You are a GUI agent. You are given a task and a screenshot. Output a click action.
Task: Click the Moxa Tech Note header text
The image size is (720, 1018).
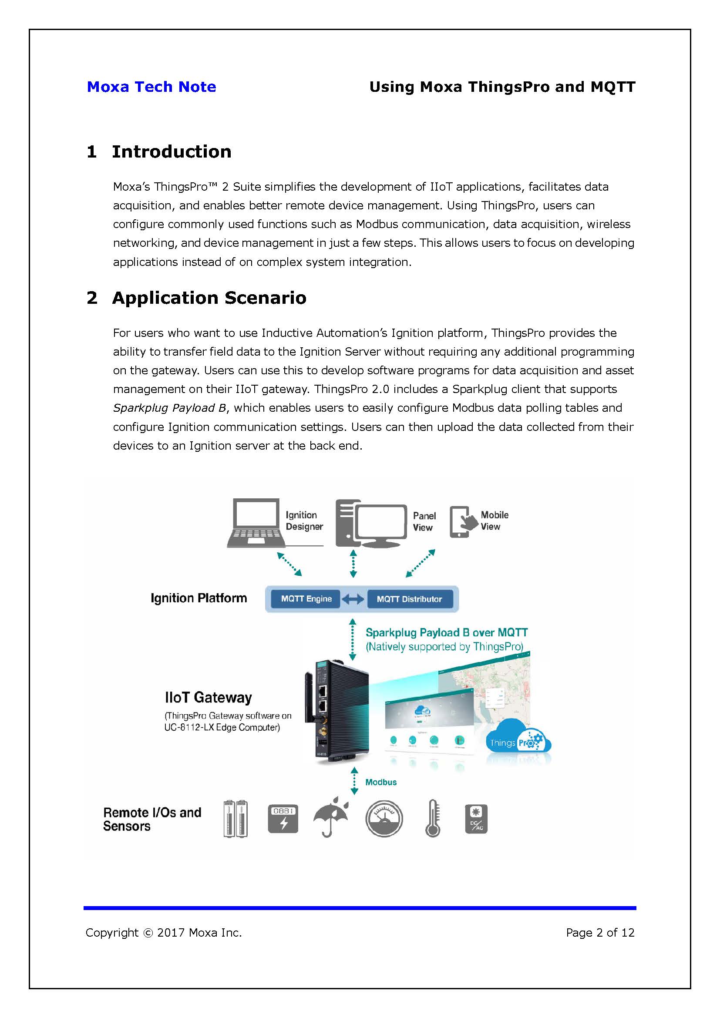[151, 87]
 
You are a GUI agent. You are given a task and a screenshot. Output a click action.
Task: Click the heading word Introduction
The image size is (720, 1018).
[172, 151]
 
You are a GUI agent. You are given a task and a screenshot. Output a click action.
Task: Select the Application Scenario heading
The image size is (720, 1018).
[209, 298]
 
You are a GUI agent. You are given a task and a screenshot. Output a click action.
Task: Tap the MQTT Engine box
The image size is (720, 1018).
[306, 599]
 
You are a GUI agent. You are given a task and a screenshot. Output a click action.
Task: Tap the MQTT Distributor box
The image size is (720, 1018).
[409, 599]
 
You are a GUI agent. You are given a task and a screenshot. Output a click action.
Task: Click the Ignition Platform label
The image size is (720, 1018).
[199, 598]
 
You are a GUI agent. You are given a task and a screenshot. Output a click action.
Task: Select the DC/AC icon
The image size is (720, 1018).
[476, 819]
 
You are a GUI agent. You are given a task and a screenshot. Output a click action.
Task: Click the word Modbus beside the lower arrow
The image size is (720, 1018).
[381, 782]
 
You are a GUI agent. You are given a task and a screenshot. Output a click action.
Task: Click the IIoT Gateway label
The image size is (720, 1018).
[208, 697]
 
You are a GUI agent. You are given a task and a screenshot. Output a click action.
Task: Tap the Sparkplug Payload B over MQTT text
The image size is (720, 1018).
[446, 633]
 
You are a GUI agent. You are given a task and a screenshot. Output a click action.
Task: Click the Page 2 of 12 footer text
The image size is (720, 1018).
[600, 933]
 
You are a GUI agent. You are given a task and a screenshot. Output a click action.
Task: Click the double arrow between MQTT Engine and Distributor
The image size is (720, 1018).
[353, 599]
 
